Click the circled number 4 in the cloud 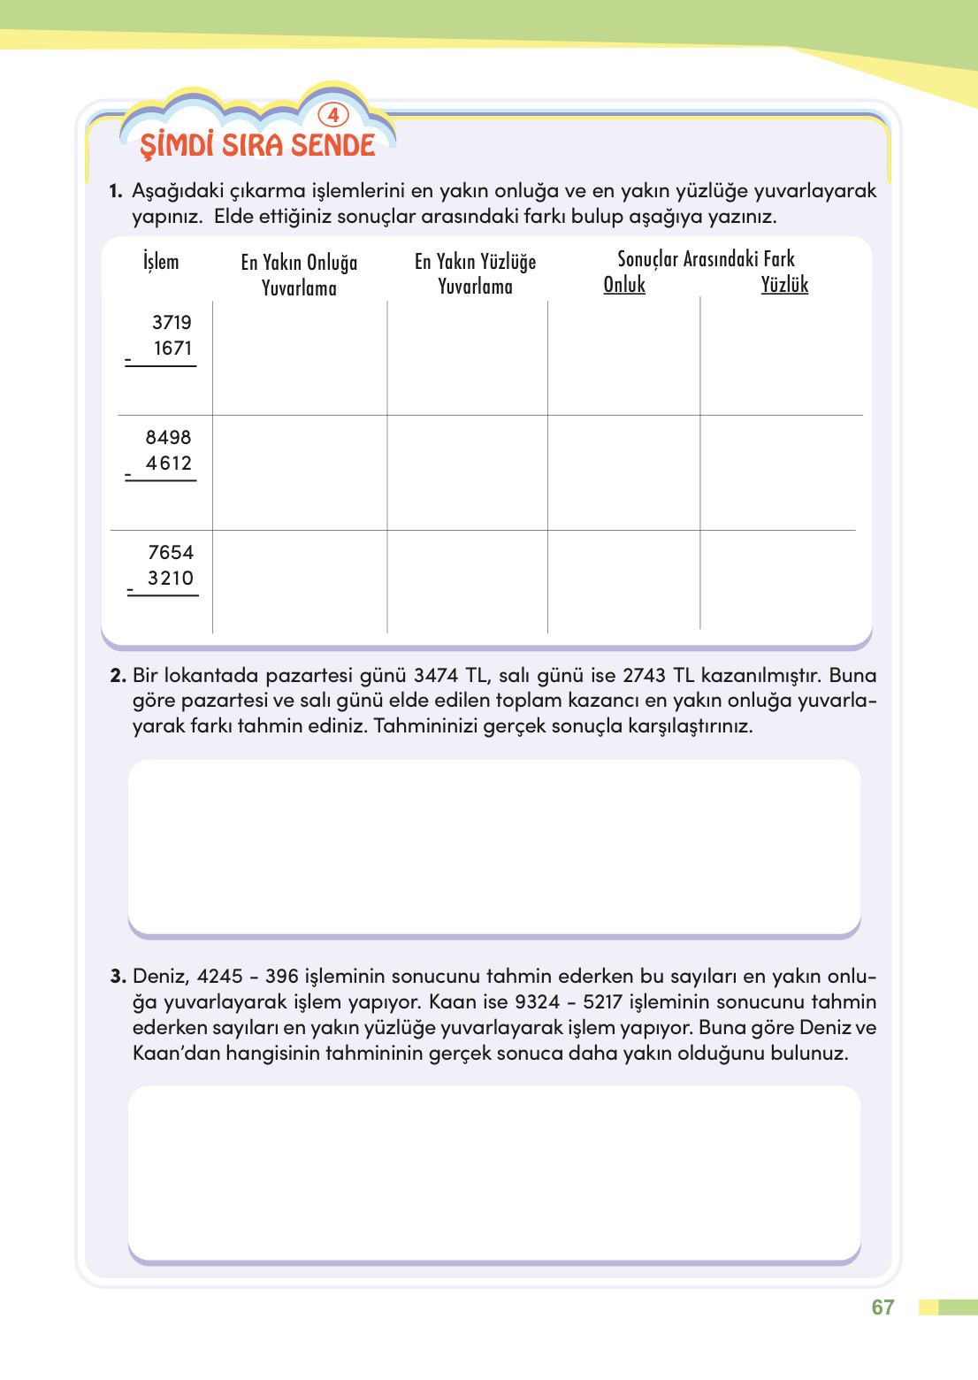coord(333,115)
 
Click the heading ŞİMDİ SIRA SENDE coord(257,145)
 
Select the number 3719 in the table coord(172,323)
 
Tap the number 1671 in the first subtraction coord(172,349)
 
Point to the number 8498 coord(169,438)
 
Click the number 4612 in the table coord(169,464)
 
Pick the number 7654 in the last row coord(171,553)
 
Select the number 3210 coord(171,579)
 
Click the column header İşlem coord(161,262)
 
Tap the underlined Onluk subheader coord(624,285)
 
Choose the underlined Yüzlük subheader coord(784,285)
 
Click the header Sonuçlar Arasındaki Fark coord(706,259)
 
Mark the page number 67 coord(882,1307)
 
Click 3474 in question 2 coord(436,676)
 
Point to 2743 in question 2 coord(644,676)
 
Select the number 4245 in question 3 coord(220,977)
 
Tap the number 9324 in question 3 coord(538,1002)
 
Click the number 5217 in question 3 coord(606,1002)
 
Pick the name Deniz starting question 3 coord(160,977)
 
